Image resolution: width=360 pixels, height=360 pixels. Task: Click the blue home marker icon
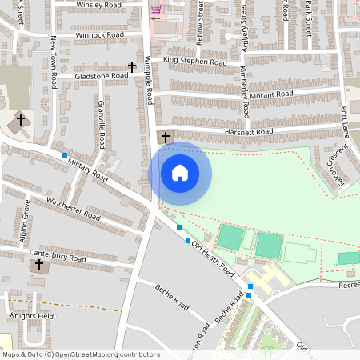pos(180,173)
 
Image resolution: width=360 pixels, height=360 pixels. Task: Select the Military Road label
pos(88,169)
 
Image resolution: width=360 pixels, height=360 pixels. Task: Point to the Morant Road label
pos(271,94)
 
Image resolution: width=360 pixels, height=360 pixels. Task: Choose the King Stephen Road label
pos(195,61)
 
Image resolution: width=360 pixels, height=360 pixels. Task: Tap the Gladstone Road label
pos(101,75)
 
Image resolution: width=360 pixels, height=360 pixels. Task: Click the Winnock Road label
pos(100,35)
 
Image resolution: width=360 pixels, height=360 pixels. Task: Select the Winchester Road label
pos(73,209)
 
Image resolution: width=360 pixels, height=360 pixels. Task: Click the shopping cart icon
pos(155,10)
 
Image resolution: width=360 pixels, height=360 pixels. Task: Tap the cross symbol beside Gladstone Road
pos(132,67)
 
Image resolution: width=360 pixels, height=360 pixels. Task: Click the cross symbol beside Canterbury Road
pos(39,264)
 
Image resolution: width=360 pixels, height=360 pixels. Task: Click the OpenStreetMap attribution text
pos(81,354)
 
